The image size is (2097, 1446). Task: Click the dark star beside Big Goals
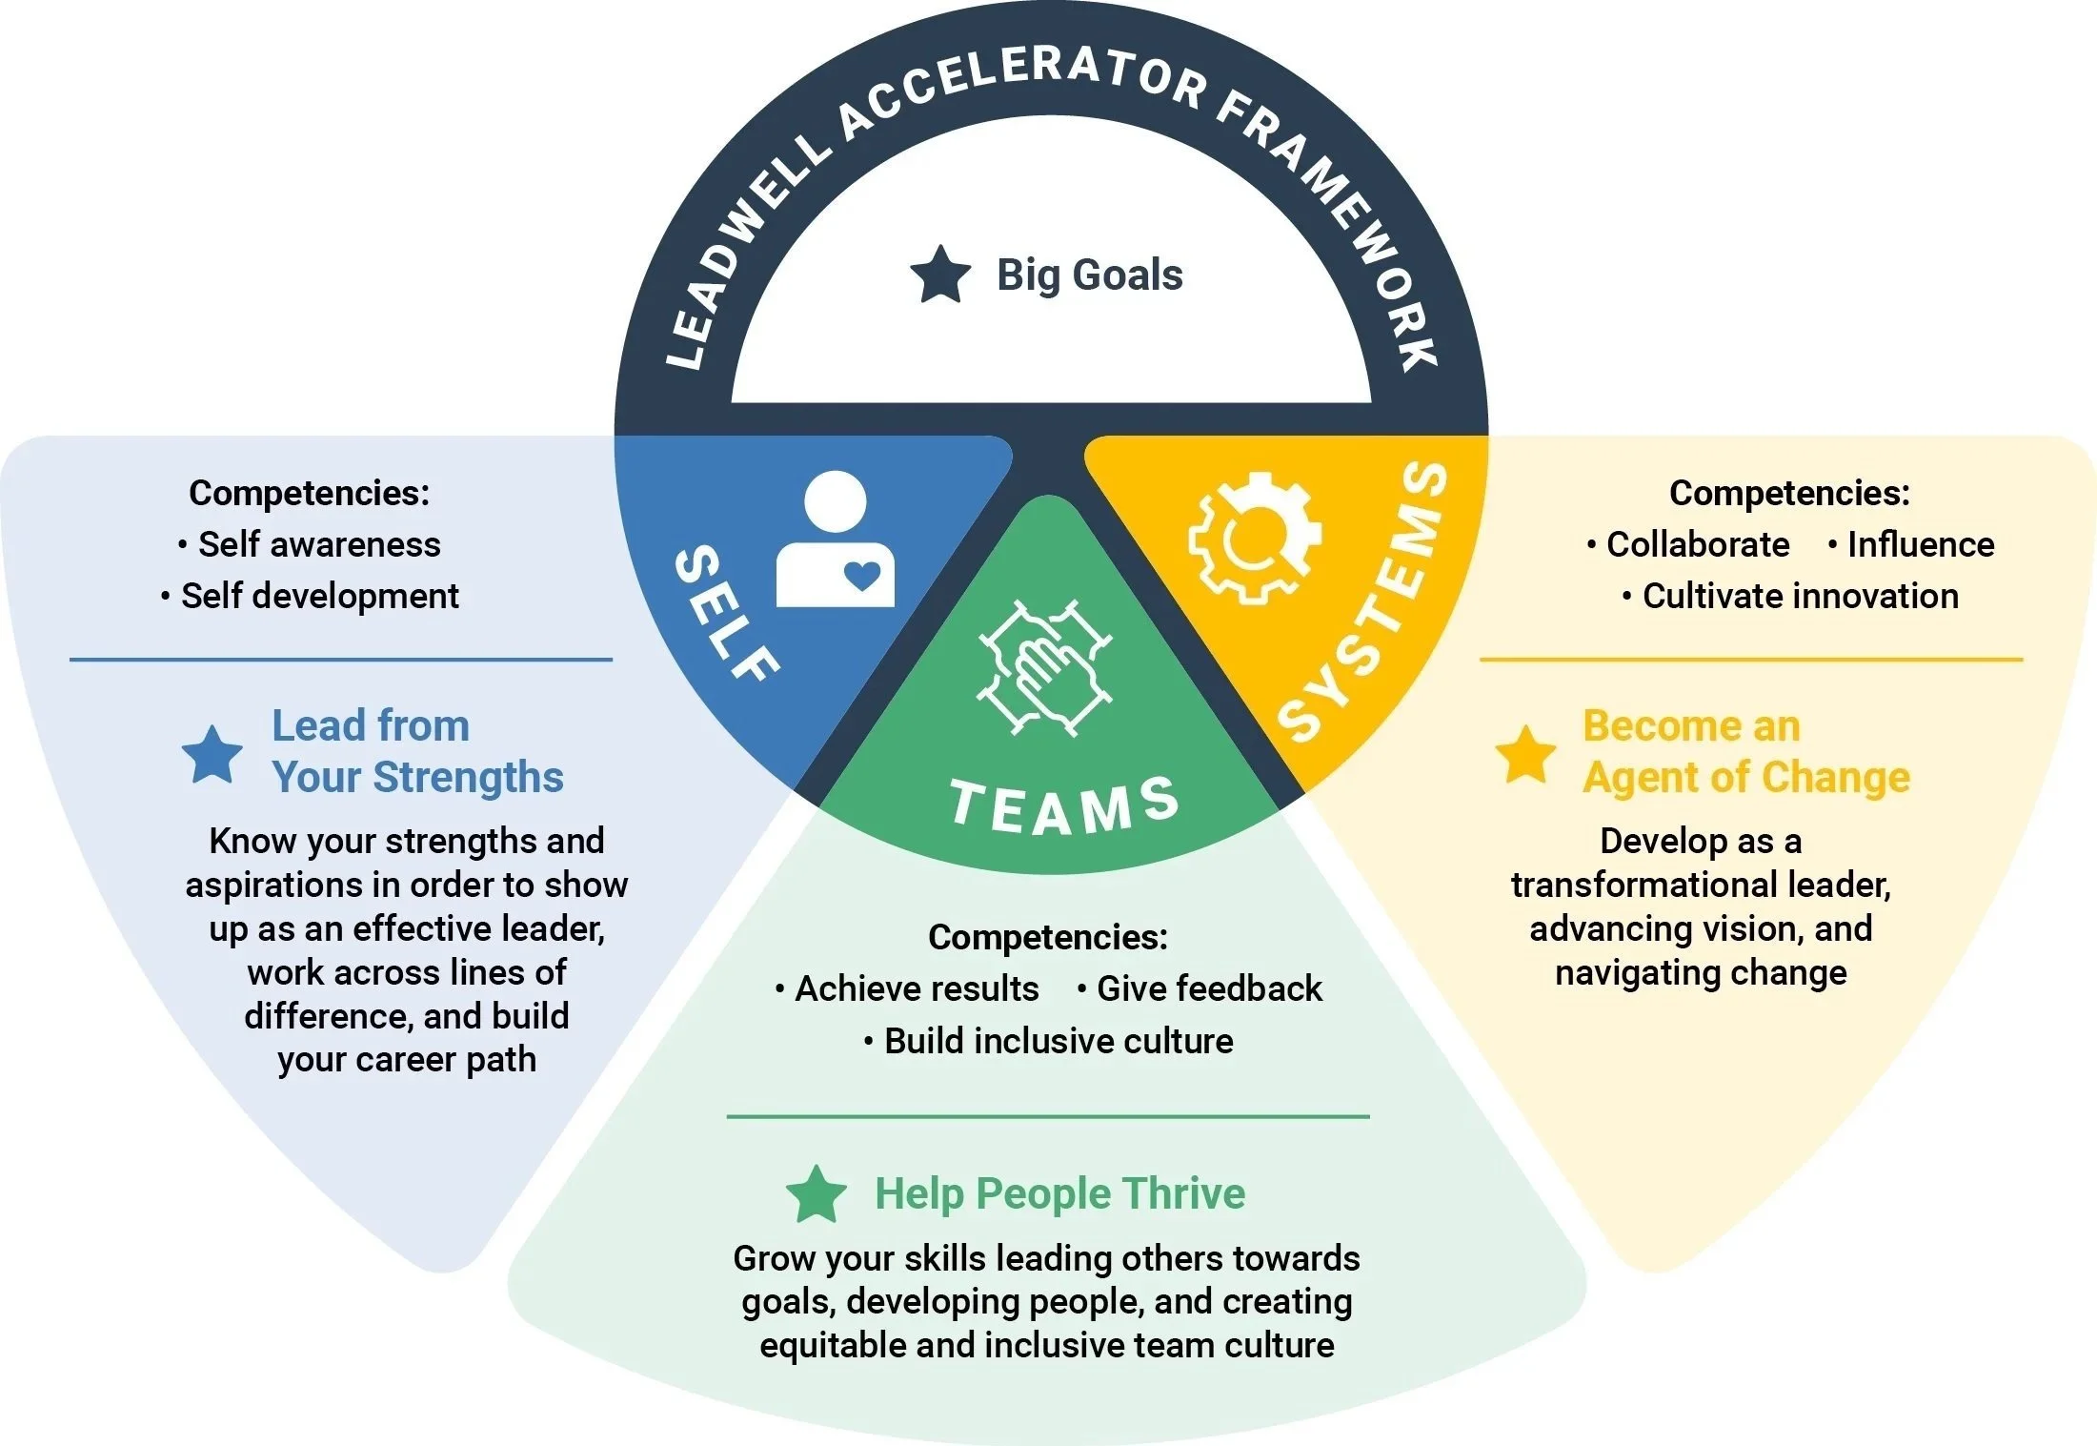[x=940, y=275]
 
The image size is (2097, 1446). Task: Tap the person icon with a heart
[x=835, y=540]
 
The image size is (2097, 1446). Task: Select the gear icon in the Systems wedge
[x=1254, y=538]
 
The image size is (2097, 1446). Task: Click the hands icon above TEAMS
[x=1044, y=667]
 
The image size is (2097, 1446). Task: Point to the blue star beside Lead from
[x=212, y=754]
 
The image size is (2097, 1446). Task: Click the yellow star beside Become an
[x=1525, y=754]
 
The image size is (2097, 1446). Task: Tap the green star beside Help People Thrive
[x=817, y=1193]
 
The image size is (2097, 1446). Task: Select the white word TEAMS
[x=1064, y=806]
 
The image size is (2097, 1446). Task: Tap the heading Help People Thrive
[x=1059, y=1193]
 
